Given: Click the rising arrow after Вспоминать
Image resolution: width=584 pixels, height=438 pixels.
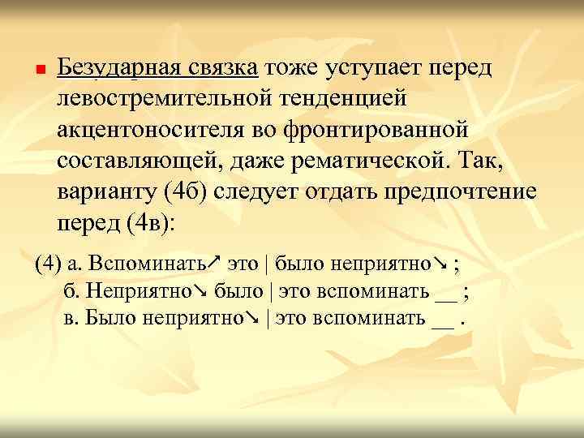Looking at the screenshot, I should coord(213,263).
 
